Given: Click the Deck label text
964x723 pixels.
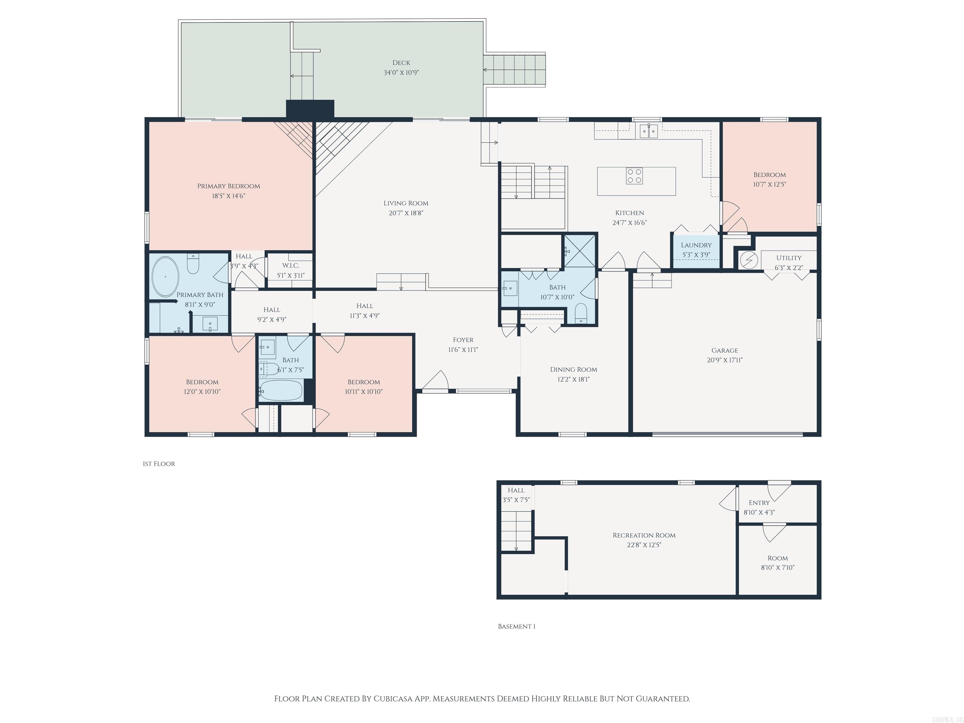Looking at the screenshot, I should point(401,63).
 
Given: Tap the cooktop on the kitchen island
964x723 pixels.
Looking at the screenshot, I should point(634,176).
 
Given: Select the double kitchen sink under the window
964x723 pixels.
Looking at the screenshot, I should point(649,131).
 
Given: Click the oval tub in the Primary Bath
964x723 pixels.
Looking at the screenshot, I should point(165,276).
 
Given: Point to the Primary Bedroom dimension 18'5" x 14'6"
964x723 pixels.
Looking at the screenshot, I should point(228,196).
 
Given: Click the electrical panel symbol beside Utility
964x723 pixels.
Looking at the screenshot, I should point(749,260).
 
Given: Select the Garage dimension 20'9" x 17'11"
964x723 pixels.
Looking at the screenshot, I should point(724,360).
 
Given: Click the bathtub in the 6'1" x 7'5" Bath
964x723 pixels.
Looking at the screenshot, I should point(280,391).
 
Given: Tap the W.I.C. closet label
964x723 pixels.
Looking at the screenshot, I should point(290,265).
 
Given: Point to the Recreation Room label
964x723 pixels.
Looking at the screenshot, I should point(644,535).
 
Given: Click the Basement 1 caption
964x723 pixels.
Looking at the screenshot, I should point(517,626).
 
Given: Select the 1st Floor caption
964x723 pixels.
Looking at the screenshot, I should point(159,464).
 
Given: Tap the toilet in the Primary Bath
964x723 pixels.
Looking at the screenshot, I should point(193,265).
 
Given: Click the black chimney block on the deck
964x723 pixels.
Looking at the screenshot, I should point(310,109).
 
